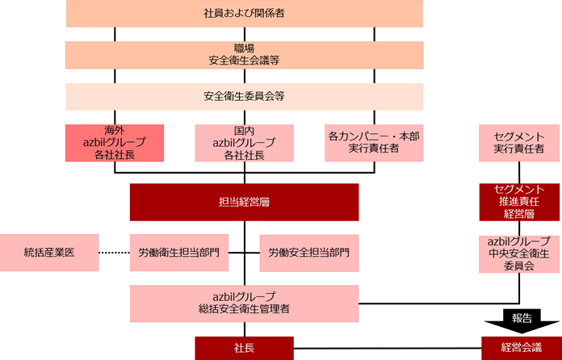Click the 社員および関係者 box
(244, 14)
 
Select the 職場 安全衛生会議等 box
(244, 54)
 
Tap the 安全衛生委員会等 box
(244, 97)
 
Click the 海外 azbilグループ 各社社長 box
(114, 142)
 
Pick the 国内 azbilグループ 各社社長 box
(244, 142)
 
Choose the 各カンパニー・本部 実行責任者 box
(373, 142)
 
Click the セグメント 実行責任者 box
(518, 142)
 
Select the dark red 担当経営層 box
(244, 203)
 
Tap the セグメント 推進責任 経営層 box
(518, 202)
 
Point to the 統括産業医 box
(49, 253)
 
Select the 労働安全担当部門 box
(308, 253)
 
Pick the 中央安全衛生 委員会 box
(518, 253)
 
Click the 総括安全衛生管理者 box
(244, 302)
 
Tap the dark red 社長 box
(244, 348)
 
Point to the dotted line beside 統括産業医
(114, 253)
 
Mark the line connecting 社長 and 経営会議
(388, 348)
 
